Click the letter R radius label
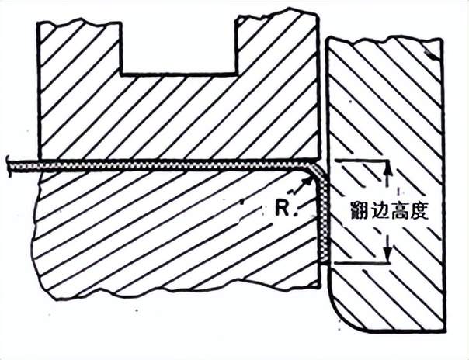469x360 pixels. tap(283, 207)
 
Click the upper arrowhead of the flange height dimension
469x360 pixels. tap(386, 166)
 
